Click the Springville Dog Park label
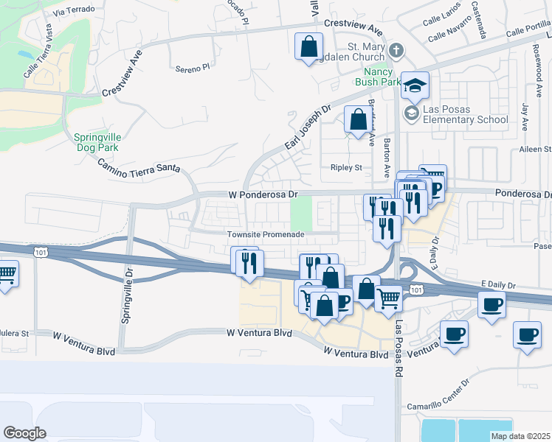pyautogui.click(x=97, y=141)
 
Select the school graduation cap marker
pyautogui.click(x=415, y=85)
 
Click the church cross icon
pyautogui.click(x=397, y=51)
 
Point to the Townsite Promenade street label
pyautogui.click(x=266, y=234)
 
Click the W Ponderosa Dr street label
pyautogui.click(x=261, y=194)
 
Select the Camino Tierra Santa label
pyautogui.click(x=139, y=159)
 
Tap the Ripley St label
pyautogui.click(x=346, y=167)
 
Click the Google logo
pyautogui.click(x=24, y=433)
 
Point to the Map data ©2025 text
pyautogui.click(x=521, y=436)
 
